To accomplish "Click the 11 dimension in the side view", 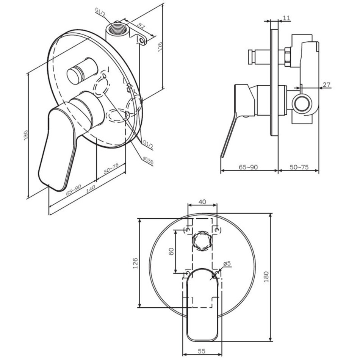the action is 286,18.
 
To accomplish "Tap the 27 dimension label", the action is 326,85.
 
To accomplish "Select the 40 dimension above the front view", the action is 202,202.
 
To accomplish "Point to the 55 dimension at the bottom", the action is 201,351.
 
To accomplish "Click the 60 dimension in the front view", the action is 171,251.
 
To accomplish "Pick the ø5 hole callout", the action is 227,263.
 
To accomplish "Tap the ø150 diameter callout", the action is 148,160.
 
